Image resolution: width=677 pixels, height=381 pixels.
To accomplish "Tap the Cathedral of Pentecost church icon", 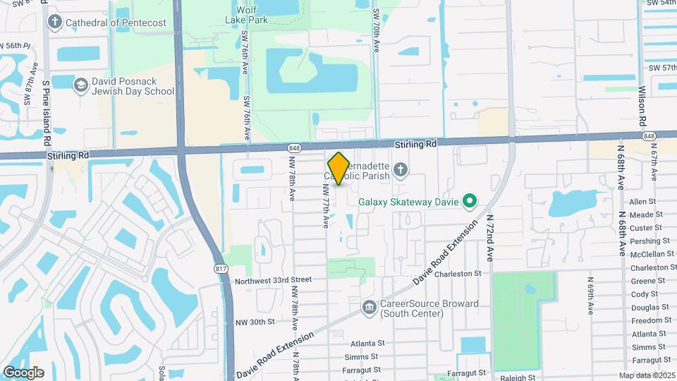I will pos(55,22).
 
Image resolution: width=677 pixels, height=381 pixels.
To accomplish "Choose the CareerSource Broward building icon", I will pos(368,308).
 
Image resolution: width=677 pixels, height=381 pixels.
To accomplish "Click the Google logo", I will pos(23,372).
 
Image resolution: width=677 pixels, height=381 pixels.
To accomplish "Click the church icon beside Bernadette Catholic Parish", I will pos(401,169).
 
